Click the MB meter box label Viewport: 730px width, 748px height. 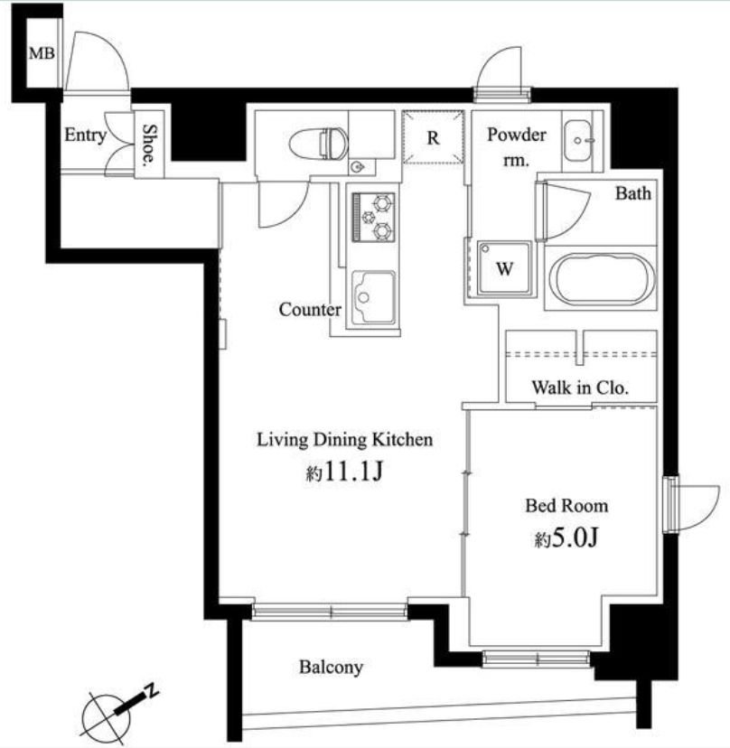pyautogui.click(x=42, y=53)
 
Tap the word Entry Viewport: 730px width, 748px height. pyautogui.click(x=86, y=135)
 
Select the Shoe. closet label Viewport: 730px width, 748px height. pyautogui.click(x=149, y=145)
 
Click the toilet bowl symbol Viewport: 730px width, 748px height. pyautogui.click(x=318, y=143)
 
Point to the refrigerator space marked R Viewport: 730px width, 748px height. pyautogui.click(x=433, y=138)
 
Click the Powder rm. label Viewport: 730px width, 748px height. pyautogui.click(x=516, y=147)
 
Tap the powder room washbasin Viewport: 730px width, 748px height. pyautogui.click(x=578, y=141)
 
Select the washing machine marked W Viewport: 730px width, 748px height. pyautogui.click(x=504, y=268)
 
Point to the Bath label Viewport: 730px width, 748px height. pyautogui.click(x=633, y=193)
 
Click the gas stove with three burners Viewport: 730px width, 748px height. pyautogui.click(x=373, y=217)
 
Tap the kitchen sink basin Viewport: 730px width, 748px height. pyautogui.click(x=373, y=297)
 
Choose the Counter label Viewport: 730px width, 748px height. pyautogui.click(x=310, y=310)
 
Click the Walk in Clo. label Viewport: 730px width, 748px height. pyautogui.click(x=580, y=388)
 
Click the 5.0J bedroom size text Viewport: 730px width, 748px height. pyautogui.click(x=566, y=538)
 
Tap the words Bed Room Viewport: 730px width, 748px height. pyautogui.click(x=566, y=506)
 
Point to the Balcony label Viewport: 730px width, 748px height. pyautogui.click(x=331, y=667)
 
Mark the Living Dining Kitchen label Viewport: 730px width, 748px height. pyautogui.click(x=345, y=440)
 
